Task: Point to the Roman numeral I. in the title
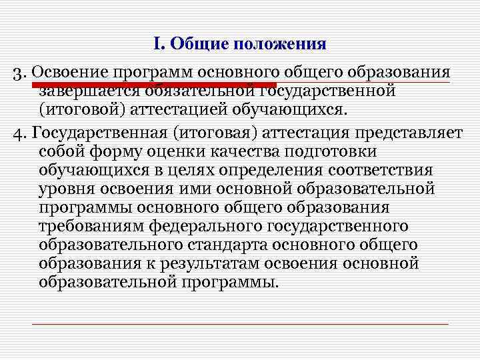coord(158,45)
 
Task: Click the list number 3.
coord(19,72)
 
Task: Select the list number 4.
coord(19,132)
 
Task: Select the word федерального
coord(211,226)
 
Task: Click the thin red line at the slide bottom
coord(240,323)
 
